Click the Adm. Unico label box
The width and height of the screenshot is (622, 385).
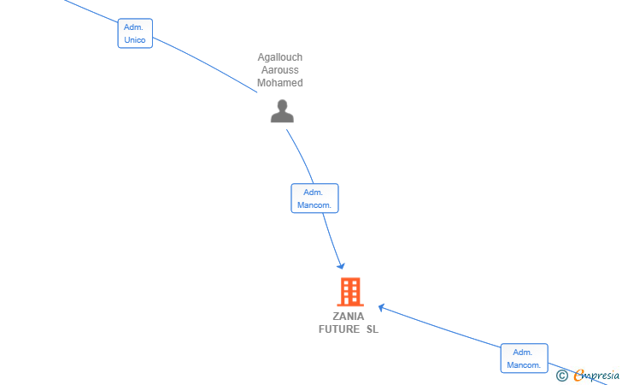coord(135,33)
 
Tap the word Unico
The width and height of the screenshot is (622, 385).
coord(135,39)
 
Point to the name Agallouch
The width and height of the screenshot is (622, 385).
coord(280,57)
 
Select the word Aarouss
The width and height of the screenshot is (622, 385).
coord(280,70)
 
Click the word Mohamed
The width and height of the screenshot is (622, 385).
coord(280,83)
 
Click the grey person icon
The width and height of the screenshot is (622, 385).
coord(282,111)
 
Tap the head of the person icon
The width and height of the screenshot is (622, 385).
coord(282,105)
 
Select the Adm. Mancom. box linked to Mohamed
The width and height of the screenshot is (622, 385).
coord(314,198)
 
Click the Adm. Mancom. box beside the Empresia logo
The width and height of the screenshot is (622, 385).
coord(524,358)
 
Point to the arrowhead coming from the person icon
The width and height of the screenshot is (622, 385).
coord(341,266)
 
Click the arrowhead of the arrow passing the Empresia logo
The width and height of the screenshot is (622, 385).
coord(382,308)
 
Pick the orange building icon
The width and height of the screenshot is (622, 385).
coord(350,292)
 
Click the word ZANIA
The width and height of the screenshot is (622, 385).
coord(349,317)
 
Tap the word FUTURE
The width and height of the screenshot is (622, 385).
coord(339,329)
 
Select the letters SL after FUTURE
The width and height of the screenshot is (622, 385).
coord(373,329)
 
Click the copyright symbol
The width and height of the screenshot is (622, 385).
coord(561,376)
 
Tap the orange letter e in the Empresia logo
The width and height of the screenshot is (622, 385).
coord(579,375)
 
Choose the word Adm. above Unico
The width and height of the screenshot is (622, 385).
coord(133,27)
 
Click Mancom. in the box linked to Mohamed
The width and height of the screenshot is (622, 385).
coord(314,205)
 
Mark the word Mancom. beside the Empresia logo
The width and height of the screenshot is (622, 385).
coord(524,365)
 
